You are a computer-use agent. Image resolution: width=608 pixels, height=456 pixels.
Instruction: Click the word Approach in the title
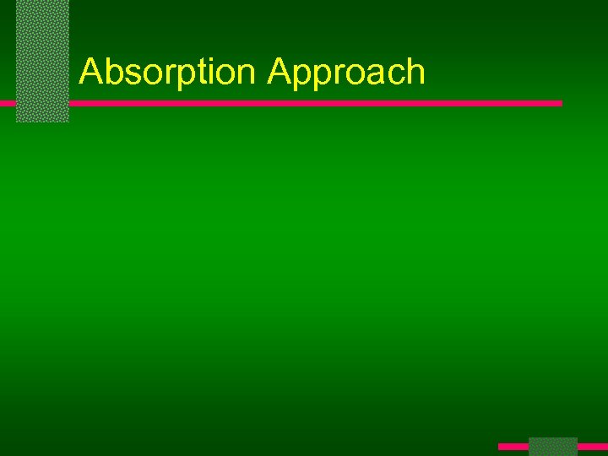[346, 73]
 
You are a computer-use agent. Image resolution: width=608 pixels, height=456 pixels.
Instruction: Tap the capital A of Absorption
[90, 72]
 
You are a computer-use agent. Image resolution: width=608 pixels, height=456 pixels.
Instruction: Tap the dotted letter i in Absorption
[217, 72]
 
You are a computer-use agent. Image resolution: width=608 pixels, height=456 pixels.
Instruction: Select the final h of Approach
[415, 72]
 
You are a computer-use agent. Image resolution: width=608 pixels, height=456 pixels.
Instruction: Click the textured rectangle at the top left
[42, 61]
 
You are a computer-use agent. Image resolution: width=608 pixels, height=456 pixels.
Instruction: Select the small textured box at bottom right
[552, 447]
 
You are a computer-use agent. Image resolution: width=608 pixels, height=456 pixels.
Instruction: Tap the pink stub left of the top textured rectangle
[8, 103]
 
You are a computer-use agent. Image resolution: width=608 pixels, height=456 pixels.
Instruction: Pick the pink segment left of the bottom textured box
[513, 446]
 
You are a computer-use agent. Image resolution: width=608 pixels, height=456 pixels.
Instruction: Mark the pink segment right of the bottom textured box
[592, 446]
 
